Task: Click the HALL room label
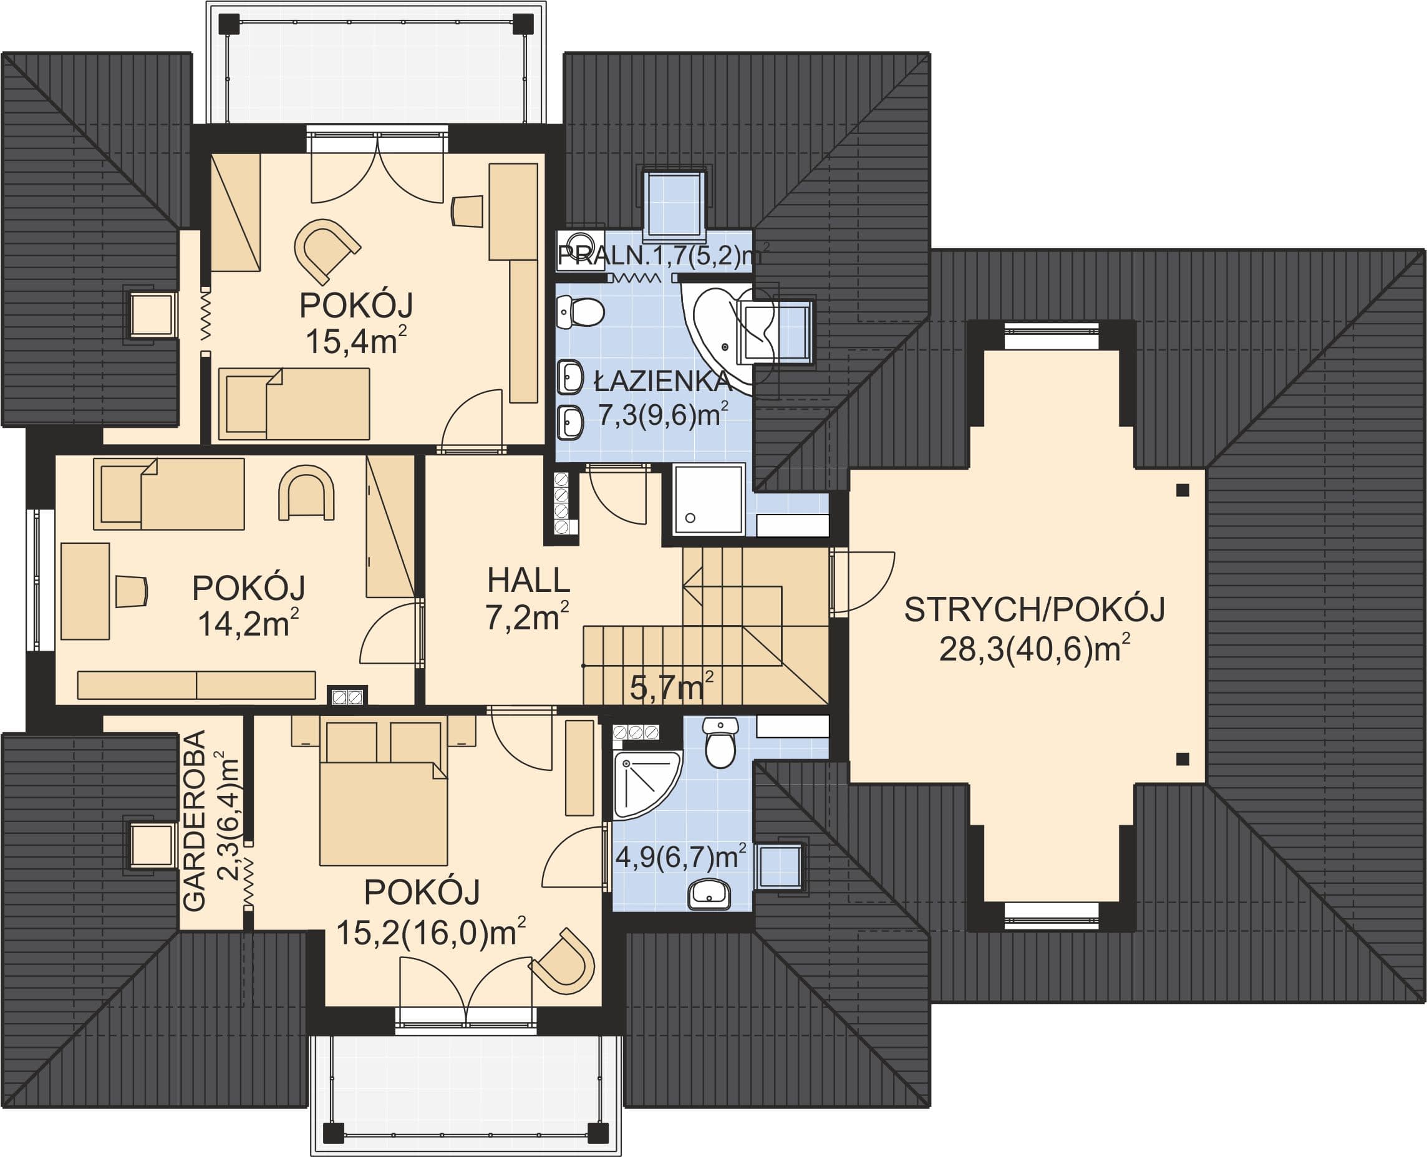coord(528,580)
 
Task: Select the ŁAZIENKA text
coord(662,380)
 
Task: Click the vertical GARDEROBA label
coord(194,821)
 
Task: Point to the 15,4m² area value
coord(356,341)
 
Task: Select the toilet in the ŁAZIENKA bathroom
coord(580,312)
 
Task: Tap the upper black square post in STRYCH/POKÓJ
coord(1183,490)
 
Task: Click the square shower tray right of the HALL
coord(709,499)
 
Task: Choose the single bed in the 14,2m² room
coord(169,494)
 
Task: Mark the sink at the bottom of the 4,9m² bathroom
coord(710,894)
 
